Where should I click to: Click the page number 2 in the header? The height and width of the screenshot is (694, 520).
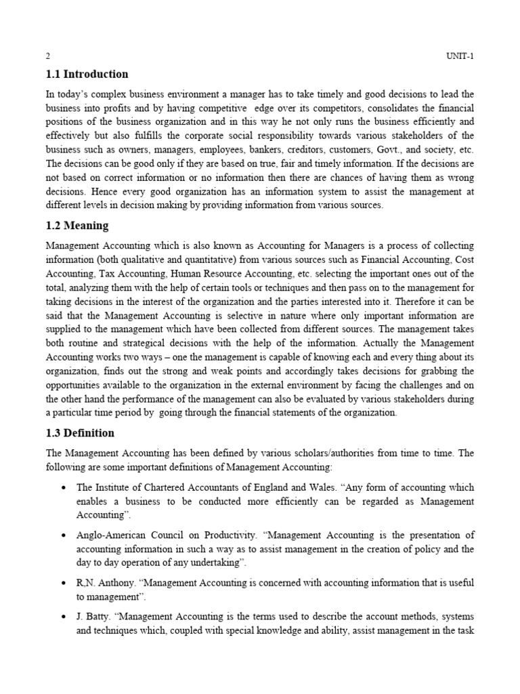[48, 56]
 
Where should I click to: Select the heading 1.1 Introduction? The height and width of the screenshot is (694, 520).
[87, 75]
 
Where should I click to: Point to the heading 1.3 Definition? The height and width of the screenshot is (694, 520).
[80, 433]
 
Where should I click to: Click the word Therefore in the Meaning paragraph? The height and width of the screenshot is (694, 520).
[418, 301]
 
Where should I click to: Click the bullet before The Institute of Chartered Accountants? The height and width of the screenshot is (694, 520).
[63, 488]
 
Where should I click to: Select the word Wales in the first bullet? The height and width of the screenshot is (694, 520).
[316, 487]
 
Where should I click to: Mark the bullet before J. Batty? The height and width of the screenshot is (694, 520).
[63, 617]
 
